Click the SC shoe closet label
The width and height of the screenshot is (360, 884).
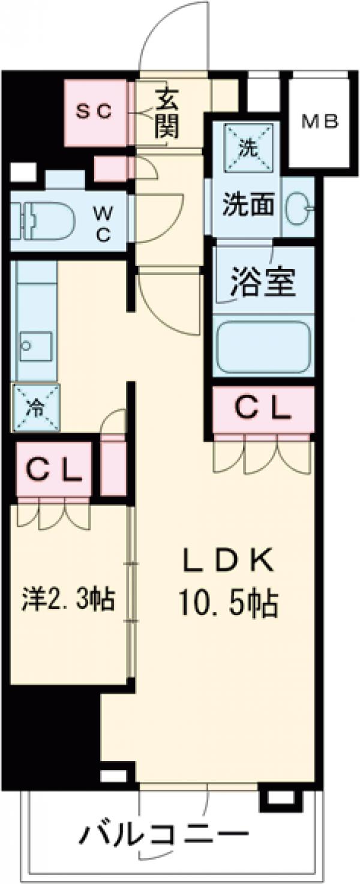[97, 112]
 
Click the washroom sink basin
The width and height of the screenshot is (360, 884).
[297, 208]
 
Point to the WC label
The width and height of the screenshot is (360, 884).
[103, 223]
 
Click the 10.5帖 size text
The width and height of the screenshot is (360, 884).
[227, 605]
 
